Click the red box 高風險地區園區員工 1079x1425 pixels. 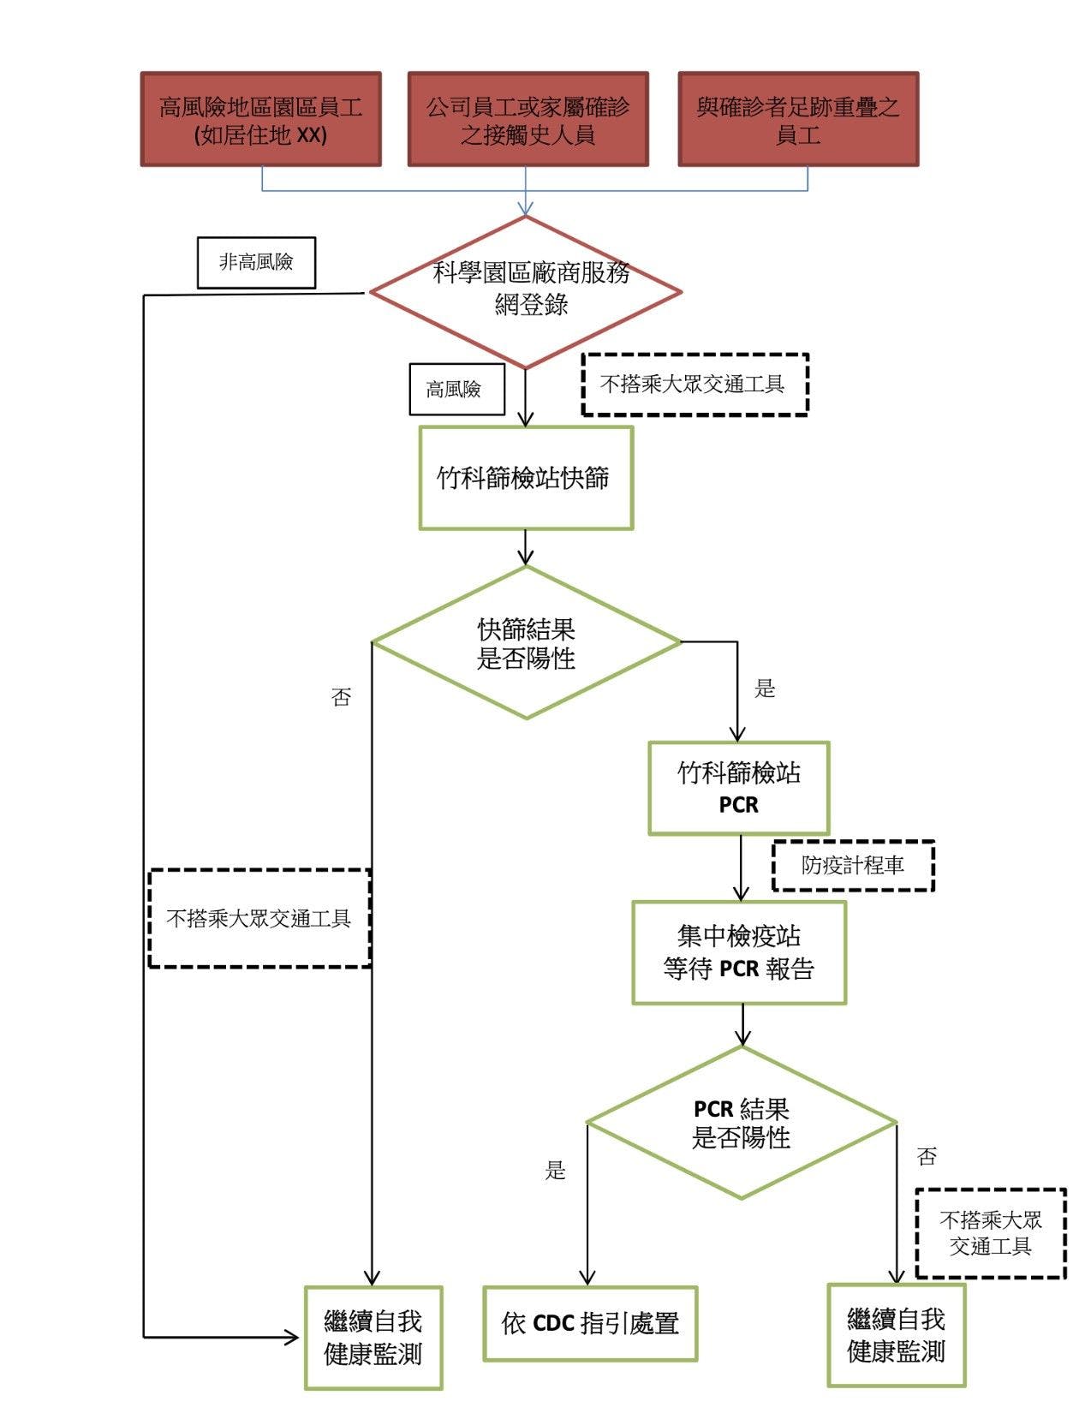tap(260, 119)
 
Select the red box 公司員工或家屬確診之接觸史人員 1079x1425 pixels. tap(528, 119)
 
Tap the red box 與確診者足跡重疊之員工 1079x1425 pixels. tap(797, 119)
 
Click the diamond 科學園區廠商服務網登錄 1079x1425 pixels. tap(526, 291)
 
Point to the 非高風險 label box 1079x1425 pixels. tap(256, 262)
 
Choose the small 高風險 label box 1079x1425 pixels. tap(456, 390)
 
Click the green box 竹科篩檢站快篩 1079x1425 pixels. tap(526, 478)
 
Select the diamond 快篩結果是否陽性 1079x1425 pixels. tap(526, 642)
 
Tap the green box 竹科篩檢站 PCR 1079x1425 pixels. tap(738, 788)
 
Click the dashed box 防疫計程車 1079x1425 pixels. tap(853, 866)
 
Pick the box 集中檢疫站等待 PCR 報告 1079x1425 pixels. tap(738, 951)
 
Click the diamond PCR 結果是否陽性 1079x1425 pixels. tap(742, 1122)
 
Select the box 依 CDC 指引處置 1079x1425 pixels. tap(590, 1323)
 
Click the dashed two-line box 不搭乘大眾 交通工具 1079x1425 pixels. tap(990, 1233)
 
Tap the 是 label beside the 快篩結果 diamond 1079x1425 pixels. tap(765, 689)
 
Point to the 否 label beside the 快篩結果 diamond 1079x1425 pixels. tap(341, 697)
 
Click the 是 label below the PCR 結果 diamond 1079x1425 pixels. tap(556, 1170)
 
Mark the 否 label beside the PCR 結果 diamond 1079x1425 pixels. tap(927, 1156)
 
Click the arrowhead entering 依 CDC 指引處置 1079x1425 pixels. tap(588, 1277)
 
